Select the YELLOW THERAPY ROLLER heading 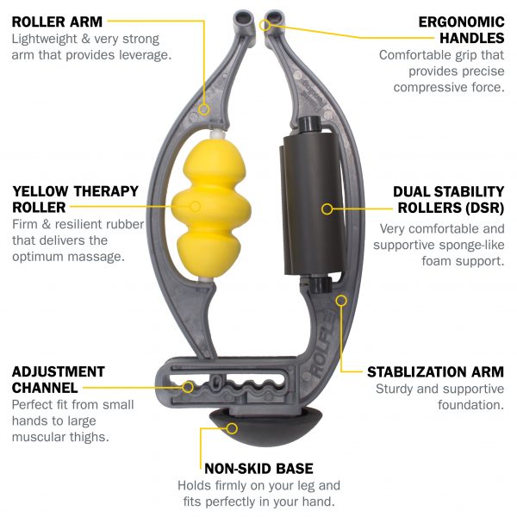point(65,198)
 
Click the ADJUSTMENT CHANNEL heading point(59,379)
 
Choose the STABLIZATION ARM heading point(435,372)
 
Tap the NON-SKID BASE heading point(259,469)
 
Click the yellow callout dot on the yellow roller point(196,207)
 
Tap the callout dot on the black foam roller point(327,208)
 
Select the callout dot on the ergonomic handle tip point(266,25)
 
